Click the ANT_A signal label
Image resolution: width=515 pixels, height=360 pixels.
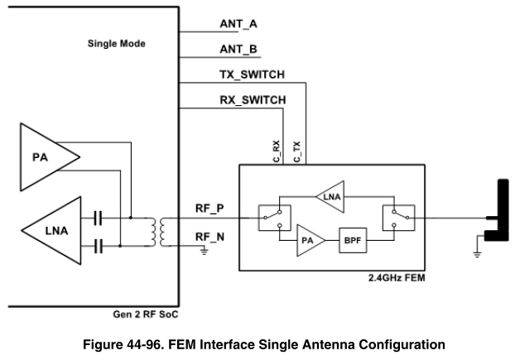238,24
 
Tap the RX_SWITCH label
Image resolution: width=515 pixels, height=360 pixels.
253,100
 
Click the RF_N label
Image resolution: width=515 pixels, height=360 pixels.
208,237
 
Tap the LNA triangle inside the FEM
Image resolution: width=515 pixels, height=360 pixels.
331,195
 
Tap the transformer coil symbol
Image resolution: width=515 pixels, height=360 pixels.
156,232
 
